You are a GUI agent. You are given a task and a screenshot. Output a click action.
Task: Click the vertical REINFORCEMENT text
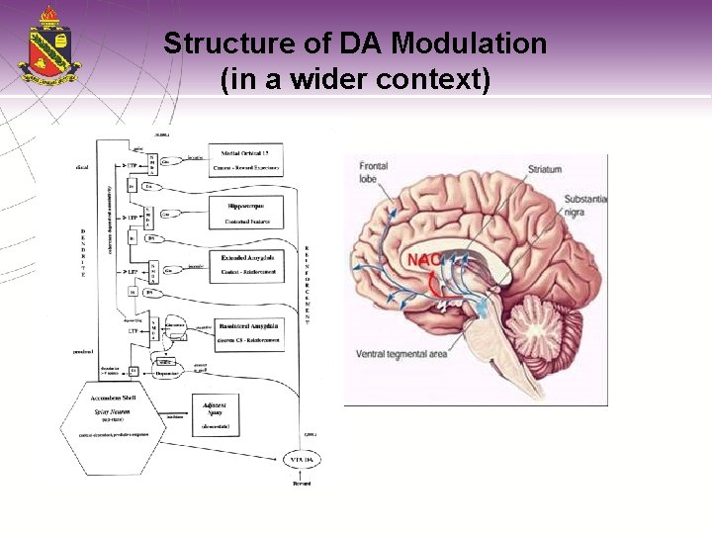tap(307, 286)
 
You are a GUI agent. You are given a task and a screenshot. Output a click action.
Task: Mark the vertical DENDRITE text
tap(83, 252)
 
